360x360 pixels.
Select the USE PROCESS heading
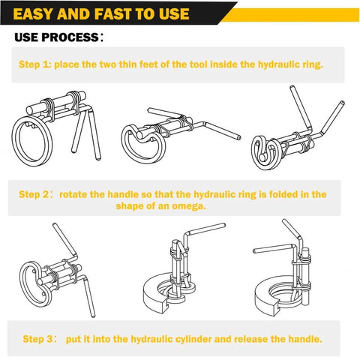click(60, 37)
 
